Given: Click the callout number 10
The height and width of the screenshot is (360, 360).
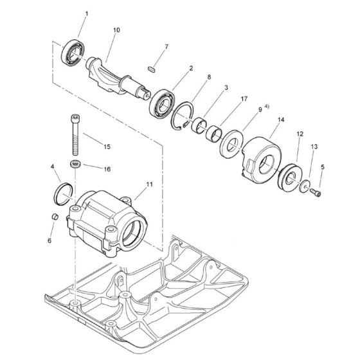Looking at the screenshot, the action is point(116,30).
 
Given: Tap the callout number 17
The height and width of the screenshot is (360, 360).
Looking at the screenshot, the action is point(244,99).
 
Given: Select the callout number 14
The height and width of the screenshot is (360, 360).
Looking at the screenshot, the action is point(281,120).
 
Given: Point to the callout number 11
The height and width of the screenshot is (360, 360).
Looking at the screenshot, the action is point(149,184).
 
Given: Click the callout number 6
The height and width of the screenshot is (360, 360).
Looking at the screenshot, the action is point(50,240).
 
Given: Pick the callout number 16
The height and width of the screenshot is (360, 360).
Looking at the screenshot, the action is point(107,169).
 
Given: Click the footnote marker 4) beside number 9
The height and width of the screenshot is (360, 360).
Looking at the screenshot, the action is point(267,106).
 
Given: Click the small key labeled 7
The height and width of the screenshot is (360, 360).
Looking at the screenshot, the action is point(152,69).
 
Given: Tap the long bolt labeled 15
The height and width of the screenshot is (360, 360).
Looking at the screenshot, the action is point(75,134).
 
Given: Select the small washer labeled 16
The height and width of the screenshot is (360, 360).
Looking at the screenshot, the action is point(76,165).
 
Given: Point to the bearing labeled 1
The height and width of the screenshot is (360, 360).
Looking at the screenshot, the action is point(73,53).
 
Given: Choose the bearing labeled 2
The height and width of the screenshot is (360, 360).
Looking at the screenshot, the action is point(162,104).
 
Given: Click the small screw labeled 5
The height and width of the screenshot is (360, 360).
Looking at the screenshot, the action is point(316,192).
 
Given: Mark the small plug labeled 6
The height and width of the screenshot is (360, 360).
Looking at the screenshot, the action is point(55,216).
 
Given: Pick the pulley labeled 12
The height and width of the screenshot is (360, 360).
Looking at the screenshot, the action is point(290,176).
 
